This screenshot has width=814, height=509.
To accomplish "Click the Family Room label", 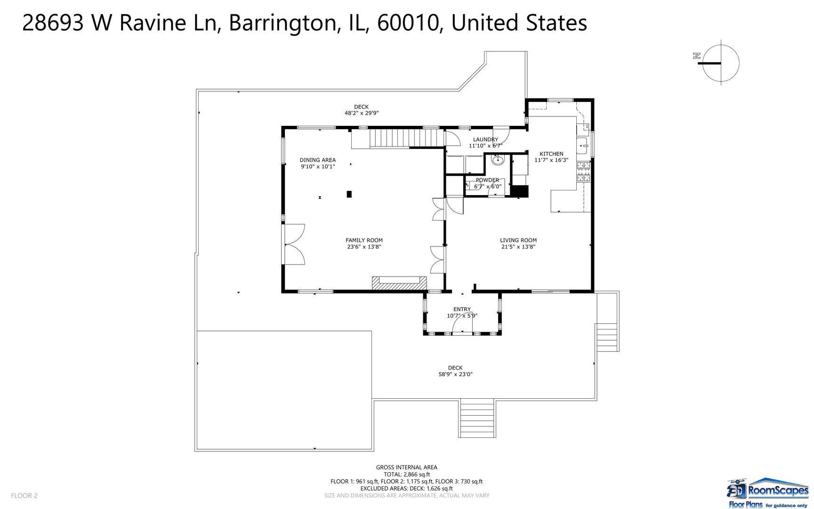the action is [x=364, y=240].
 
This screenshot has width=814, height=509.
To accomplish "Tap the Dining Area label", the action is [x=318, y=160].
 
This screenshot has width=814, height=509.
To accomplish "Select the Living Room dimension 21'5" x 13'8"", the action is [x=518, y=247].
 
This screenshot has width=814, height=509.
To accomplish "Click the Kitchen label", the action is [x=551, y=154].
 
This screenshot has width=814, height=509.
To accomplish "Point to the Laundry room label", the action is [x=485, y=140].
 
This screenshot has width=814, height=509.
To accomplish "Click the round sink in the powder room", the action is [x=498, y=161].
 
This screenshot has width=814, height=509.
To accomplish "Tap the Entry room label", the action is [x=462, y=310].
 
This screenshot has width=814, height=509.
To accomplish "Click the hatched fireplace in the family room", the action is [x=399, y=282].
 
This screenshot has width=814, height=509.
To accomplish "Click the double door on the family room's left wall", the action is [x=294, y=245].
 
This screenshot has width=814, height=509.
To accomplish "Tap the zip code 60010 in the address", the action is [x=408, y=23].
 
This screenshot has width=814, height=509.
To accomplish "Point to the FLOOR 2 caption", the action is [x=24, y=496].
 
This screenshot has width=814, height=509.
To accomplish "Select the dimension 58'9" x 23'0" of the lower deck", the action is [x=455, y=375].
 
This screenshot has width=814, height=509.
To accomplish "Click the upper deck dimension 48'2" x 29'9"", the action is [x=362, y=113].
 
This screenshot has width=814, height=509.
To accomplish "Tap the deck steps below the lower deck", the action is [x=477, y=418].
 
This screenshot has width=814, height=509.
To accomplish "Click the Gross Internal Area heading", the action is [x=407, y=468].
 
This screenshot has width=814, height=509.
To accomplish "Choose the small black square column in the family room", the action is [x=349, y=194].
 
